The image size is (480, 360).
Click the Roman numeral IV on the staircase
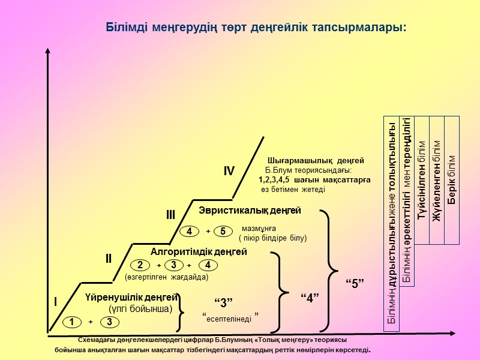[229, 172]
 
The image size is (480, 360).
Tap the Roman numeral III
[170, 215]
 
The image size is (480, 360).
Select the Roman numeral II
[109, 259]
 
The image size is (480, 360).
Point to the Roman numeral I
[56, 302]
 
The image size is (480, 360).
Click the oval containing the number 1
[71, 322]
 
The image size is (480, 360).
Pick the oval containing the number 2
[140, 265]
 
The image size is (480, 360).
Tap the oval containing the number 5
[222, 231]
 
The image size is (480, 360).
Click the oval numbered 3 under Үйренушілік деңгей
[109, 322]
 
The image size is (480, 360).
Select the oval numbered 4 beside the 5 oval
[189, 231]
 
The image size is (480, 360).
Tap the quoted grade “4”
[309, 297]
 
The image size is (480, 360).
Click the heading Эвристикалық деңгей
[250, 211]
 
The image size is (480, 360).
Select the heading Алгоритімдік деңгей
[199, 252]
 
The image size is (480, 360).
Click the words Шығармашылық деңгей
[316, 161]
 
